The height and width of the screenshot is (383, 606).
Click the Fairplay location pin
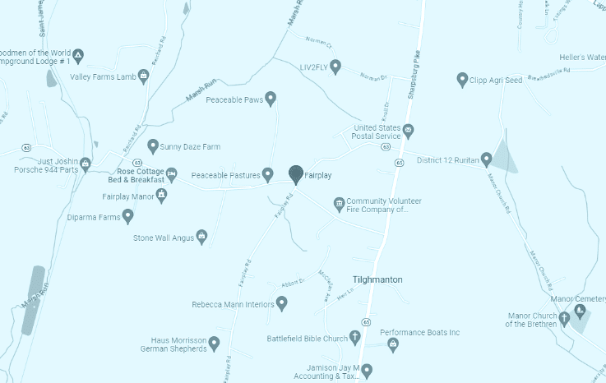pyautogui.click(x=296, y=173)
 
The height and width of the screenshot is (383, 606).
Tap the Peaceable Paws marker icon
pyautogui.click(x=271, y=99)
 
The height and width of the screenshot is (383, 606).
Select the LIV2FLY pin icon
pyautogui.click(x=335, y=66)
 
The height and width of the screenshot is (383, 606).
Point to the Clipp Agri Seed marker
pyautogui.click(x=462, y=79)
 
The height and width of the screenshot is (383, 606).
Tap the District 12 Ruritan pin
pyautogui.click(x=486, y=159)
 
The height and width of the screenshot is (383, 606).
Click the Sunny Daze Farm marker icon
pyautogui.click(x=152, y=145)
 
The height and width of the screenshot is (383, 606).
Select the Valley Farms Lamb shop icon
pyautogui.click(x=144, y=76)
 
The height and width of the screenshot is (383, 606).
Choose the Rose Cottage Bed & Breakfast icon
pyautogui.click(x=172, y=173)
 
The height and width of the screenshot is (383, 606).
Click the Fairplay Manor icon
pyautogui.click(x=161, y=195)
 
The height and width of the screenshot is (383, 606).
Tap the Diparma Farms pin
pyautogui.click(x=127, y=216)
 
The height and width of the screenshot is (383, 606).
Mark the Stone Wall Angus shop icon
pyautogui.click(x=201, y=237)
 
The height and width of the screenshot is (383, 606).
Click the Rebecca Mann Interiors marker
pyautogui.click(x=281, y=303)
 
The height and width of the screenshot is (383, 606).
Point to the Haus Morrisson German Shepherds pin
pyautogui.click(x=214, y=342)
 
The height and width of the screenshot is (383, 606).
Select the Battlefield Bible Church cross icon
pyautogui.click(x=355, y=337)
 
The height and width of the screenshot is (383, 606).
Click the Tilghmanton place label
pyautogui.click(x=377, y=279)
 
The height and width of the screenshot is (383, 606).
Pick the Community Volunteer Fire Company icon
pyautogui.click(x=338, y=203)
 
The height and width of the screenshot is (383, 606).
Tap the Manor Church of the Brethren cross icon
pyautogui.click(x=564, y=318)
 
